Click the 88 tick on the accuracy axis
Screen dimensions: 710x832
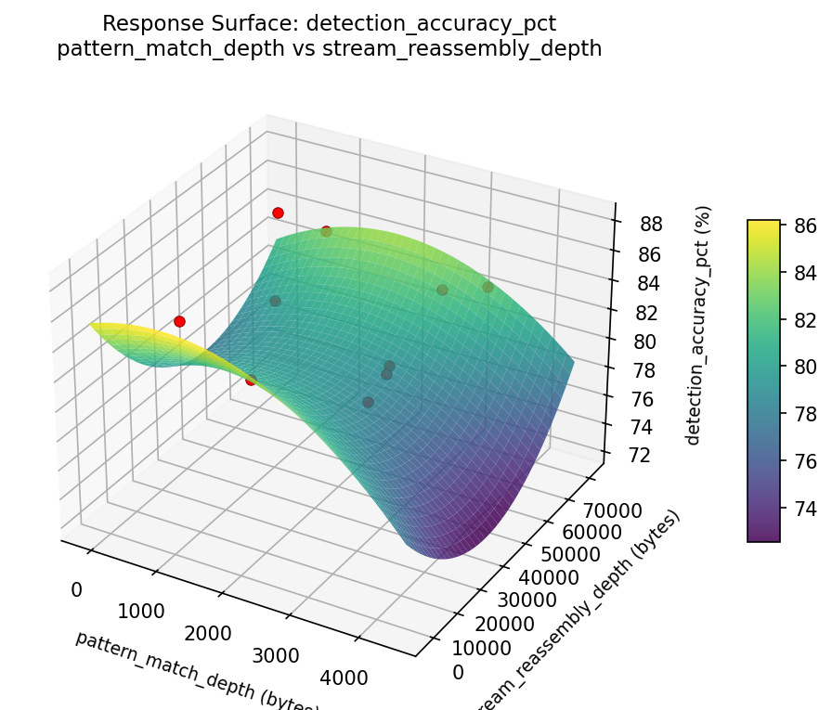(651, 225)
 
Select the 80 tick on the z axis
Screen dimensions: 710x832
(644, 341)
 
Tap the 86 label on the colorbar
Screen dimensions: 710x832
(804, 225)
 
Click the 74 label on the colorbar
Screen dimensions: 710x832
(804, 508)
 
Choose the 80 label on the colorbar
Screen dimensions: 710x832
(804, 367)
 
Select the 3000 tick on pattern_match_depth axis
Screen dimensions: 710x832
(278, 655)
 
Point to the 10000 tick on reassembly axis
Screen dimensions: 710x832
(487, 645)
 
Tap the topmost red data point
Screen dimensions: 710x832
(278, 213)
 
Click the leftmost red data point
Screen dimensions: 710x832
(179, 321)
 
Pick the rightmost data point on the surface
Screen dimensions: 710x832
(487, 287)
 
